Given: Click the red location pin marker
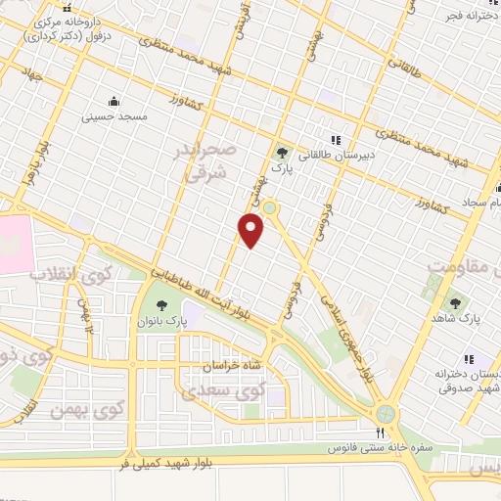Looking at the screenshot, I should pos(251,230).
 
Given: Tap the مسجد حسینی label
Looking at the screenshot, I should pos(118,116).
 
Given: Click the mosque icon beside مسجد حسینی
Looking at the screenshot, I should pos(114,101).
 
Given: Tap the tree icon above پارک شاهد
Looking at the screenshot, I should pos(455,302).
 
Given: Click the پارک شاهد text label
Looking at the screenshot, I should pos(457,319).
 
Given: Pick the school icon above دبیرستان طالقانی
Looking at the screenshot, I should pos(336,140).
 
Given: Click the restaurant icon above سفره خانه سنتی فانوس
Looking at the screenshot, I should pos(382,432).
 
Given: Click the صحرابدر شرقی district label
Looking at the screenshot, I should pos(207,160).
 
